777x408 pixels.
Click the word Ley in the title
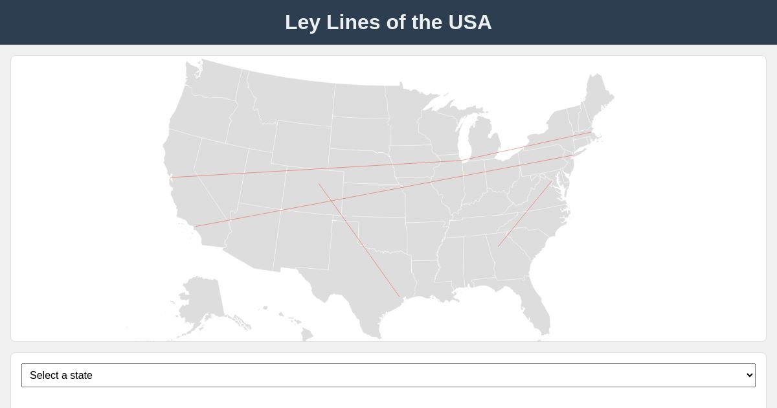(x=302, y=22)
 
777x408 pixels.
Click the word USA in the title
(x=469, y=22)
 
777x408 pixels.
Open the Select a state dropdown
(x=388, y=376)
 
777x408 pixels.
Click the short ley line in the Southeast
(x=525, y=214)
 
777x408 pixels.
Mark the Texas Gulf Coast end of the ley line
(x=399, y=297)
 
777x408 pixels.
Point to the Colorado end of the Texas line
(x=319, y=184)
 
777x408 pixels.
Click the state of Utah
(x=262, y=181)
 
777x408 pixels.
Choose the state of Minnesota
(x=408, y=120)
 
